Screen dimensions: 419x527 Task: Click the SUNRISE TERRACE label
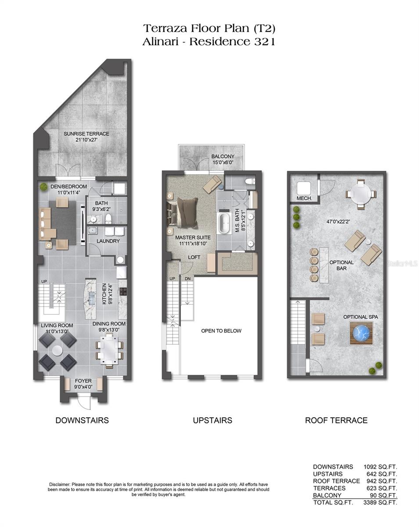(87, 134)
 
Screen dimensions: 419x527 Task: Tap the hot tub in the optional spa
(361, 333)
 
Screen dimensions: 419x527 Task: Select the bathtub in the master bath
(224, 224)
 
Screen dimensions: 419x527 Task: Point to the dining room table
(109, 350)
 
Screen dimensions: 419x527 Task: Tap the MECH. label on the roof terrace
(304, 199)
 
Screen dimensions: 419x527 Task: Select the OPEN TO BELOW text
(221, 331)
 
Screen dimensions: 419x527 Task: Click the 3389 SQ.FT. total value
(380, 502)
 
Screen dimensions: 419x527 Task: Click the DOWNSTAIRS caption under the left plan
(82, 420)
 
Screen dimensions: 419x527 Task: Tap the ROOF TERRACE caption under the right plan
(336, 420)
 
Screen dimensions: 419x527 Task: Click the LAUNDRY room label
(108, 241)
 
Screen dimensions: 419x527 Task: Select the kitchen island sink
(92, 297)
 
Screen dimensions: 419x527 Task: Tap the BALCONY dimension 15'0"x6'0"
(223, 162)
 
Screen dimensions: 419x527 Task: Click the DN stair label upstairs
(188, 279)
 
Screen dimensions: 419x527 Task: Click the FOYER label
(83, 381)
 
